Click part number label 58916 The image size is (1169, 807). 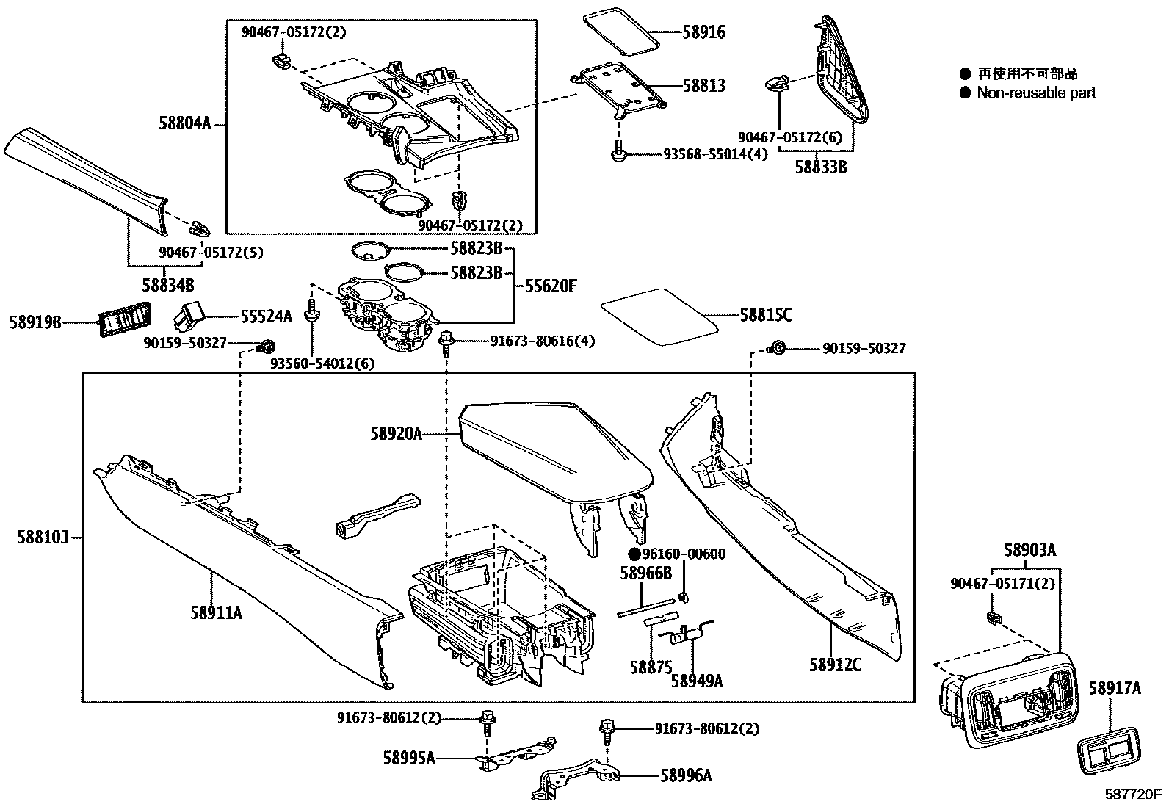tap(703, 32)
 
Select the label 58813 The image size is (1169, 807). tap(703, 86)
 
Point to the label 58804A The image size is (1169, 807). tap(184, 123)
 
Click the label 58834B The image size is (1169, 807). tap(168, 284)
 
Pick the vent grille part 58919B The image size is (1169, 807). tap(123, 321)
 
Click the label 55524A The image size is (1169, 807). tap(266, 316)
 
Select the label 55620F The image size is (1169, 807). tap(551, 286)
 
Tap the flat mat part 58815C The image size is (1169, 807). tap(659, 316)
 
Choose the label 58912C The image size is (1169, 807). tap(835, 665)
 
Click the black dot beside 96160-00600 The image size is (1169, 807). tap(634, 554)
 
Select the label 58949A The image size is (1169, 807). tap(696, 681)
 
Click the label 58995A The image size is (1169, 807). tap(408, 757)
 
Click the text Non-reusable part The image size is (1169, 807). tap(1036, 93)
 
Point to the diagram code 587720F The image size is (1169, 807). tap(1134, 795)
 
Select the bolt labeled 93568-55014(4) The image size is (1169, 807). tap(618, 152)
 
